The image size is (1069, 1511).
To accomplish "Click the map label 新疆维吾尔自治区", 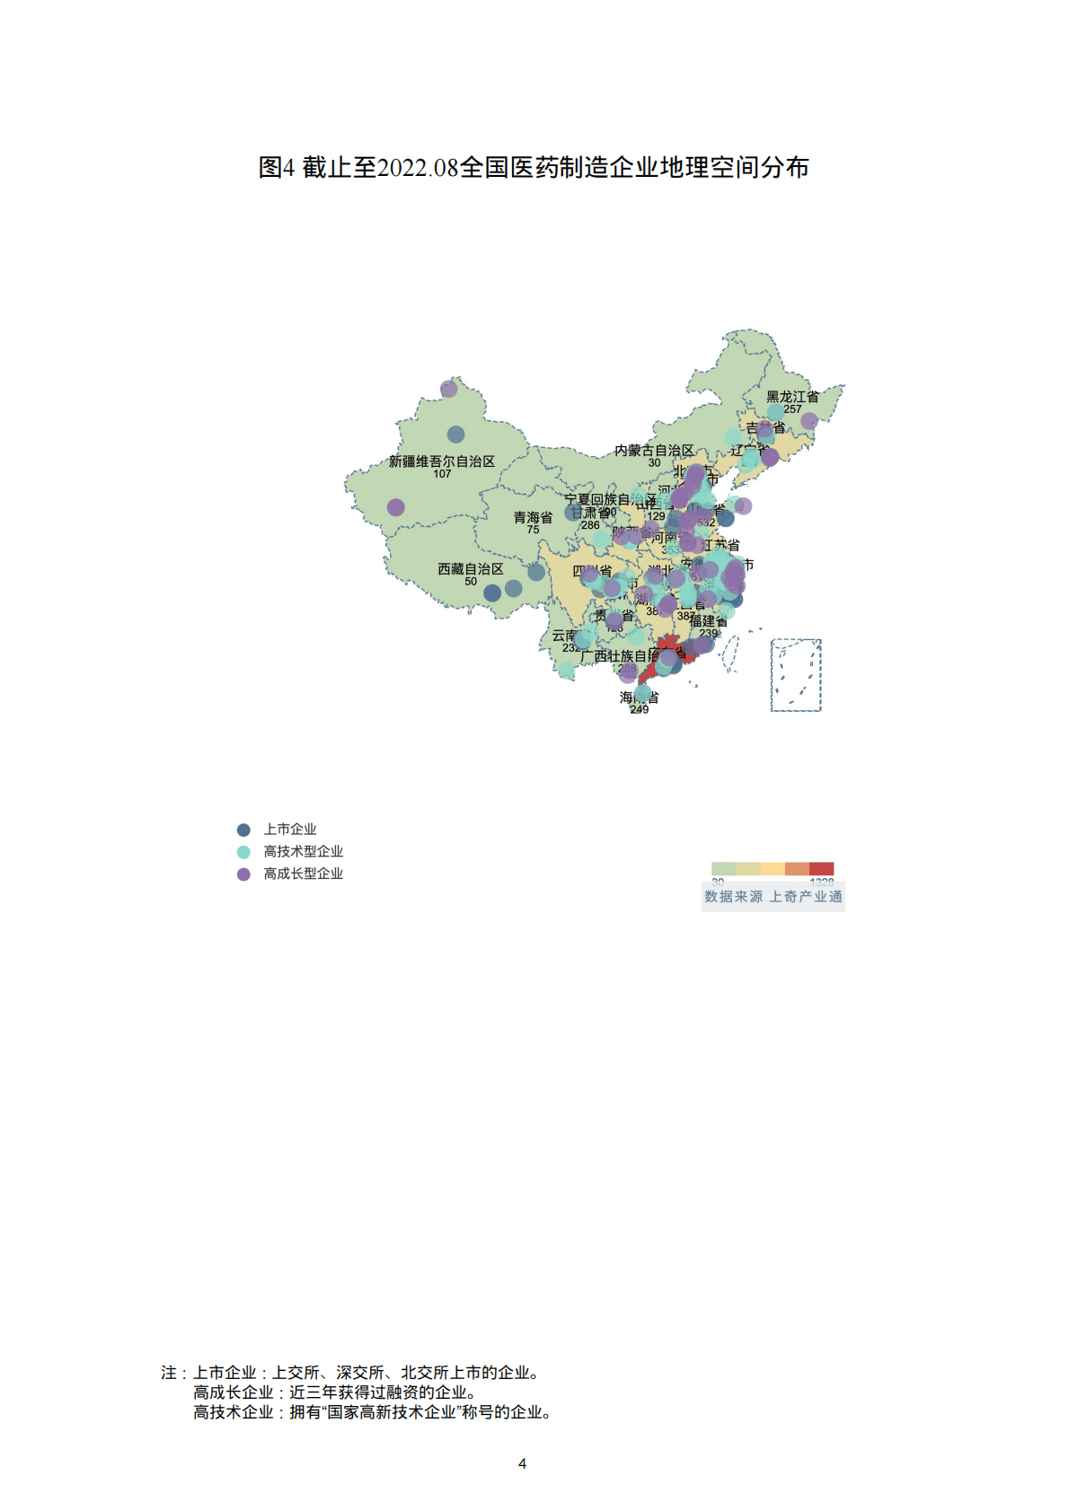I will pyautogui.click(x=441, y=461).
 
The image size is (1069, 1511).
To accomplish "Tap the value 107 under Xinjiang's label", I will pyautogui.click(x=442, y=474).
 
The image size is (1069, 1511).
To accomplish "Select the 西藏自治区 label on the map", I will pyautogui.click(x=470, y=569).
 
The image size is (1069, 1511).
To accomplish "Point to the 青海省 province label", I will pyautogui.click(x=533, y=518).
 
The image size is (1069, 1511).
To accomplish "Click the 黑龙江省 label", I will pyautogui.click(x=791, y=396).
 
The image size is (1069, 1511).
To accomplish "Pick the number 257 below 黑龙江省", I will pyautogui.click(x=791, y=409).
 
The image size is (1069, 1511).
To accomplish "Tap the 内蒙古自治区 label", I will pyautogui.click(x=654, y=451).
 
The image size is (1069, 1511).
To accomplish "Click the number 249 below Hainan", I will pyautogui.click(x=639, y=709).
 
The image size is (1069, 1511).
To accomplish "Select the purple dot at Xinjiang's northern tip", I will pyautogui.click(x=448, y=389).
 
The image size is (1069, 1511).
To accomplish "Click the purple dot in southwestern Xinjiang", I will pyautogui.click(x=395, y=507).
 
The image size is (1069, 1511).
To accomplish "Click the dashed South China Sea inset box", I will pyautogui.click(x=796, y=675).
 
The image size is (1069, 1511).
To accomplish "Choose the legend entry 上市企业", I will pyautogui.click(x=289, y=830).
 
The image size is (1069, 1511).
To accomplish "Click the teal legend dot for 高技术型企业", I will pyautogui.click(x=243, y=852).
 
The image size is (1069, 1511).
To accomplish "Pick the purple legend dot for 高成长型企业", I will pyautogui.click(x=243, y=874).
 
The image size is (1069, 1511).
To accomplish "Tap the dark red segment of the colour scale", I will pyautogui.click(x=821, y=868).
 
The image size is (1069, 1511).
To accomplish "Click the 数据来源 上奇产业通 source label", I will pyautogui.click(x=773, y=897).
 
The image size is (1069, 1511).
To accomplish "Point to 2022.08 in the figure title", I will pyautogui.click(x=418, y=168).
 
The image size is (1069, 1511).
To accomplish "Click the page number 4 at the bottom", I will pyautogui.click(x=522, y=1463).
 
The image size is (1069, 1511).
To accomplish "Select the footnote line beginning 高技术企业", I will pyautogui.click(x=372, y=1412).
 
